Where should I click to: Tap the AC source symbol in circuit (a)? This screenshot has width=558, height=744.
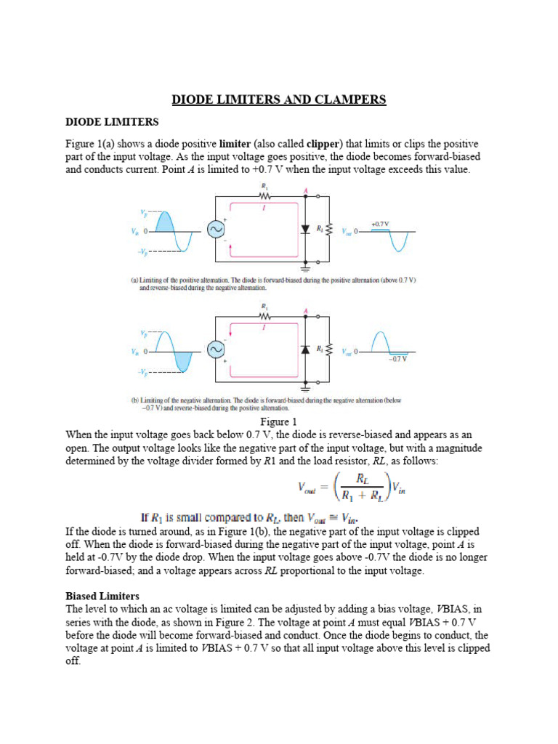[x=216, y=230]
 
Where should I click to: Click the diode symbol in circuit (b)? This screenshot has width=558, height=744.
[x=306, y=349]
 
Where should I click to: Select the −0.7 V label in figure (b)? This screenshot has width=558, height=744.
[x=397, y=358]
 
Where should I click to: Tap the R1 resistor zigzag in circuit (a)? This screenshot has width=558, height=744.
[x=264, y=195]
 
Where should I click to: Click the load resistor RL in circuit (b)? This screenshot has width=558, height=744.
[x=329, y=349]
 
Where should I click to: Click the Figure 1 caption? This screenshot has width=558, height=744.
[x=279, y=422]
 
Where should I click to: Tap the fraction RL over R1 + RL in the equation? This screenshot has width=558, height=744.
[x=358, y=487]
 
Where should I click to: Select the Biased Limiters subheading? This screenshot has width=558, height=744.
[x=102, y=596]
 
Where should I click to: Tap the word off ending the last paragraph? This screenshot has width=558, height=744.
[x=73, y=662]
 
